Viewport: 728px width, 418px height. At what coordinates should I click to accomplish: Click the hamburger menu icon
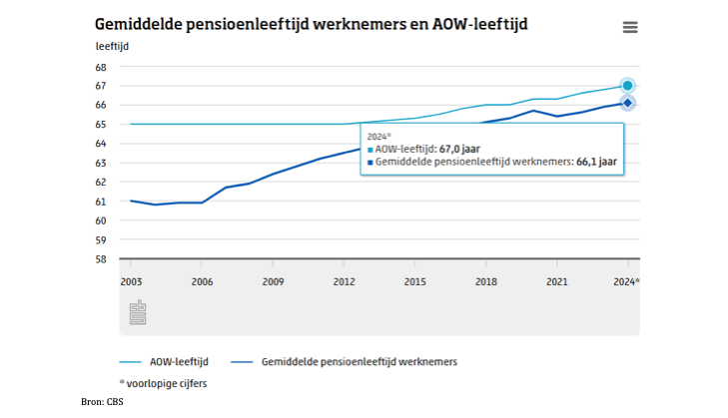(630, 27)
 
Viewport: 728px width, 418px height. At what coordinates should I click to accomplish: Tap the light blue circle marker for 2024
(627, 86)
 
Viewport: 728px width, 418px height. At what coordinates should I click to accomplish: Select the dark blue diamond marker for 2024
(627, 103)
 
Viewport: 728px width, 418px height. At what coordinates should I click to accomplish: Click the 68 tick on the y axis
(101, 67)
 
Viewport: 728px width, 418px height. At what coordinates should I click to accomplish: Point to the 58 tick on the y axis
(101, 259)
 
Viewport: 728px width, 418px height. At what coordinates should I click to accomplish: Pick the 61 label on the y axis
(101, 202)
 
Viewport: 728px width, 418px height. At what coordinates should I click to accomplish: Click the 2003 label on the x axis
(131, 281)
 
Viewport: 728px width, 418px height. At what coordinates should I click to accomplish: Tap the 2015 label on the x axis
(414, 281)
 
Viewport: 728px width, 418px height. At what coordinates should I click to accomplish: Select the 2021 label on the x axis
(556, 281)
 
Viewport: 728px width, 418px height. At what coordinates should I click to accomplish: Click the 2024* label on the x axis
(626, 281)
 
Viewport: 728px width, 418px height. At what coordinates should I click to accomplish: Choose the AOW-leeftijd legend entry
(164, 362)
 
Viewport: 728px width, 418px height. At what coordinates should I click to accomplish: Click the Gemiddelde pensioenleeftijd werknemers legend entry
(345, 362)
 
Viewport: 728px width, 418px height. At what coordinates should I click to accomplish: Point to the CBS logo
(138, 312)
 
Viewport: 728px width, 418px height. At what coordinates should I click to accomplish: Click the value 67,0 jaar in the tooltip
(459, 149)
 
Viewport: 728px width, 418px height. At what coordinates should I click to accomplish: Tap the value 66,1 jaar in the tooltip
(596, 162)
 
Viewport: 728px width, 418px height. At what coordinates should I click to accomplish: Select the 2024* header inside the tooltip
(378, 137)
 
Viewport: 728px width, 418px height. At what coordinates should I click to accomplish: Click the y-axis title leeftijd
(113, 47)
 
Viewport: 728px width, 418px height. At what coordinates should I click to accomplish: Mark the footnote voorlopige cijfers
(163, 384)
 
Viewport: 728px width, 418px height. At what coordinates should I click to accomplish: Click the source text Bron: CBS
(102, 402)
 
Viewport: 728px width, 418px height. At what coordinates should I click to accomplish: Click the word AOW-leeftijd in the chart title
(480, 24)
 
